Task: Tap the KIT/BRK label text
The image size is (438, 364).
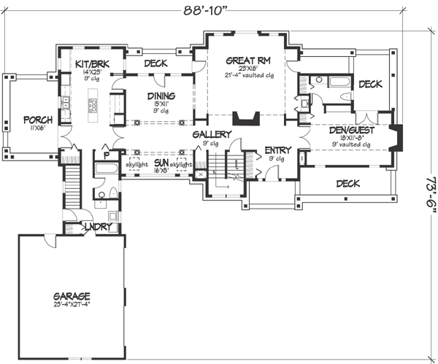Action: pyautogui.click(x=93, y=65)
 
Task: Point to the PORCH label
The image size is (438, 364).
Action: pyautogui.click(x=37, y=120)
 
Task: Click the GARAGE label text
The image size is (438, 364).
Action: pyautogui.click(x=72, y=295)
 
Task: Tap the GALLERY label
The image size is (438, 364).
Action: pyautogui.click(x=212, y=135)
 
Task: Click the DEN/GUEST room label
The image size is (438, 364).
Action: pyautogui.click(x=350, y=130)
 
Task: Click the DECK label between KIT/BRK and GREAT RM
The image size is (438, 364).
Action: pyautogui.click(x=155, y=64)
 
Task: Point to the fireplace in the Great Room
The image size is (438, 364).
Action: pyautogui.click(x=244, y=120)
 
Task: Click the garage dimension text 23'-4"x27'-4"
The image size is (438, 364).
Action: pyautogui.click(x=72, y=304)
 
